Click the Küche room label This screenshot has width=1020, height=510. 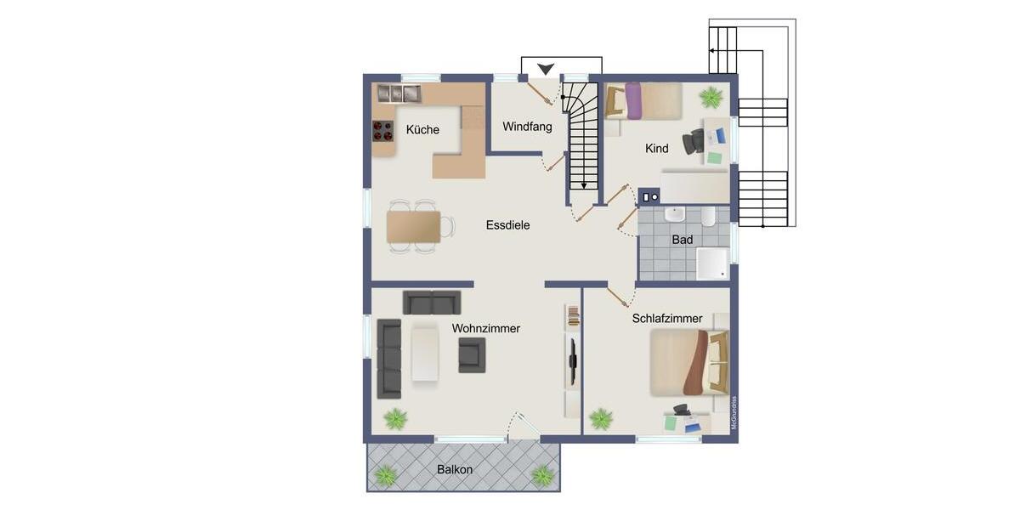(422, 130)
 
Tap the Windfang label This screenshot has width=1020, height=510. (527, 127)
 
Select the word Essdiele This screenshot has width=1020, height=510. (507, 225)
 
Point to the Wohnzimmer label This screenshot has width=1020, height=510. (485, 328)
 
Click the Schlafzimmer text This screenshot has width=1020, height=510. (667, 319)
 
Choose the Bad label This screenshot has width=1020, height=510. (682, 240)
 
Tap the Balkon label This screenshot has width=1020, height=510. (455, 469)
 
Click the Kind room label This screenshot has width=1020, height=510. (656, 149)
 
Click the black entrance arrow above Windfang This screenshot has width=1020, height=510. (545, 69)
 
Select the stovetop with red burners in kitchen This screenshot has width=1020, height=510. (383, 131)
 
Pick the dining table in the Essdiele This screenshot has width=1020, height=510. (413, 227)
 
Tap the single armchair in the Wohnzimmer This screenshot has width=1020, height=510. (472, 354)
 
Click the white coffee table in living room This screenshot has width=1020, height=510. (425, 354)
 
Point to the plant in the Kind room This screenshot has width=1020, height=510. (711, 97)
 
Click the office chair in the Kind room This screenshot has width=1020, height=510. (694, 140)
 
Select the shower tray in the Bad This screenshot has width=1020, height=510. (712, 263)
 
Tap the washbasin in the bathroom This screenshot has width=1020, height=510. (676, 215)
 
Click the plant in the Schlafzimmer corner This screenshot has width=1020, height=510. (601, 418)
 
